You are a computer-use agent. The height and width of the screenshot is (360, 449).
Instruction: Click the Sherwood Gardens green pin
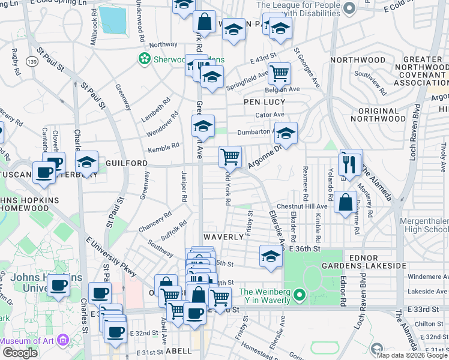[144, 59]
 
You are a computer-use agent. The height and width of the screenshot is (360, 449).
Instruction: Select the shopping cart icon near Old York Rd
[231, 157]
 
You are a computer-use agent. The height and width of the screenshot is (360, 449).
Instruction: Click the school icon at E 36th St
[271, 256]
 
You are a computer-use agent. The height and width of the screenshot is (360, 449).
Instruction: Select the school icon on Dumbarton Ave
[286, 134]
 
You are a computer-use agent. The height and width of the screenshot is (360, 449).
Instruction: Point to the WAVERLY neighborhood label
[222, 237]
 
